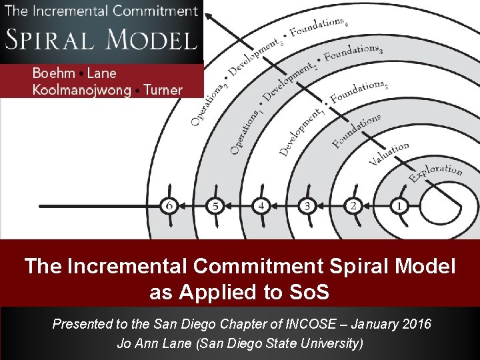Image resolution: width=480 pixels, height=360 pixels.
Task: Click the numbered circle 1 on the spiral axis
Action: click(399, 206)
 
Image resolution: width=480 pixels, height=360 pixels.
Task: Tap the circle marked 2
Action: click(353, 206)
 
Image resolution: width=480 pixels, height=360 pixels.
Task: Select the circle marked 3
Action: click(307, 206)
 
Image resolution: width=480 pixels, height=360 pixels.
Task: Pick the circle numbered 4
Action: click(261, 206)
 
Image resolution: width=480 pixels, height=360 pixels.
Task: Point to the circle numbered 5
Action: click(215, 206)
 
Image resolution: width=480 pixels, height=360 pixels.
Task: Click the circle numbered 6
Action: click(170, 206)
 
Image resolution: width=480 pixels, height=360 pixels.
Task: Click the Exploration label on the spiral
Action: click(435, 173)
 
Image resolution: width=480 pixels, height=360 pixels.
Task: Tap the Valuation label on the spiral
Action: click(389, 155)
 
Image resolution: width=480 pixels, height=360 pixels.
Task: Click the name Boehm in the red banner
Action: click(53, 74)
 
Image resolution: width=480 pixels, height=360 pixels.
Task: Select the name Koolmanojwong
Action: click(81, 91)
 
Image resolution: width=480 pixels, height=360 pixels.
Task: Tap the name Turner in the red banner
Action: click(163, 91)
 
